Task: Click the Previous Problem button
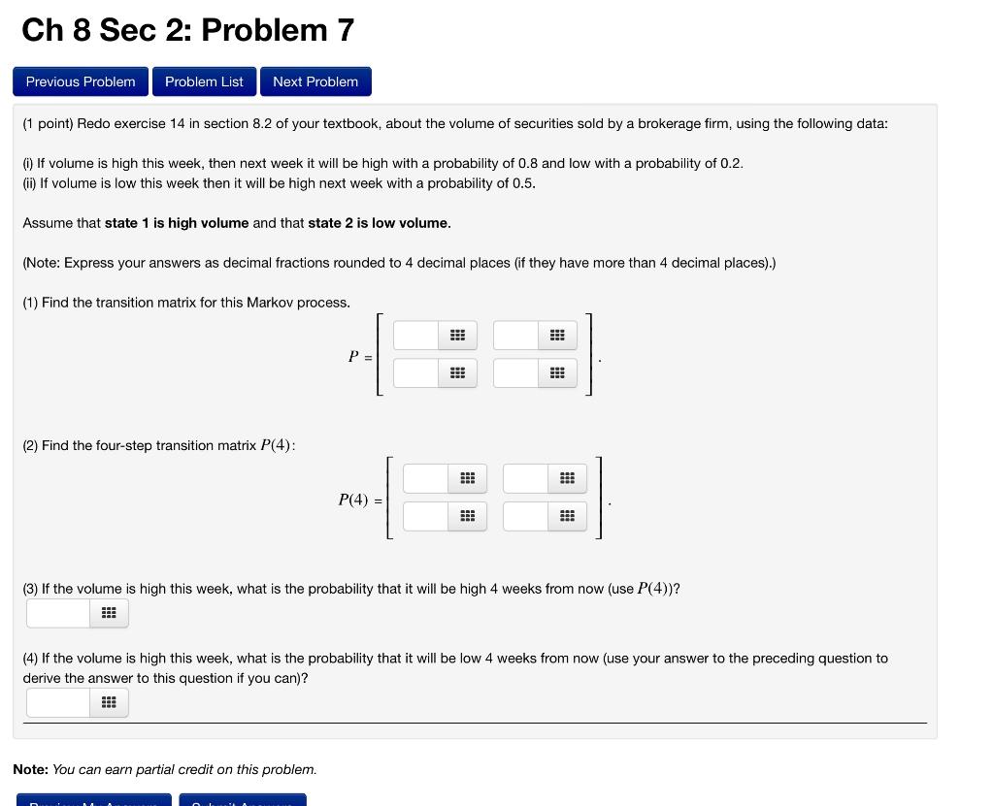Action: tap(81, 81)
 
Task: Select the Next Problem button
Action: tap(315, 81)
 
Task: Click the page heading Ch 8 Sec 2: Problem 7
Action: tap(187, 30)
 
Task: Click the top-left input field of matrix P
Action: tap(416, 336)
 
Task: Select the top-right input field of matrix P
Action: tap(515, 336)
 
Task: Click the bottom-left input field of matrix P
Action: tap(416, 372)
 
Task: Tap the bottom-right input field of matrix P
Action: tap(515, 372)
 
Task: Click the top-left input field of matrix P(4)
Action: tap(426, 478)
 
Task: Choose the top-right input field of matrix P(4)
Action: tap(526, 478)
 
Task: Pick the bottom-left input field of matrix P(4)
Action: tap(426, 516)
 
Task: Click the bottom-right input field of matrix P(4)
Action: tap(526, 516)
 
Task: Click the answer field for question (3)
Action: tap(57, 613)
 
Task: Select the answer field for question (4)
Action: tap(57, 702)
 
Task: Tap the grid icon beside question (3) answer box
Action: tap(109, 613)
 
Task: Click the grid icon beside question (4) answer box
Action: tap(109, 702)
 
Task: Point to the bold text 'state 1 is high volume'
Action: tap(177, 223)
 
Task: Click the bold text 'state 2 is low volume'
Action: tap(379, 223)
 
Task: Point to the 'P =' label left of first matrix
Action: tap(359, 356)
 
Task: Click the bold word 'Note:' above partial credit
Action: tap(30, 769)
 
